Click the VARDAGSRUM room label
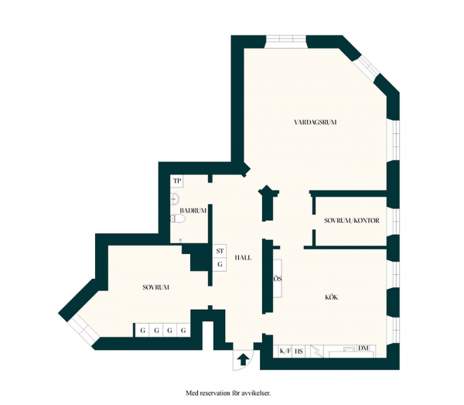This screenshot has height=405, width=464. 316,122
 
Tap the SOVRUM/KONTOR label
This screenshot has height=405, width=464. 352,221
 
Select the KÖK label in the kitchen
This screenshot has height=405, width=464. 332,297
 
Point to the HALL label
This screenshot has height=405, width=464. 244,258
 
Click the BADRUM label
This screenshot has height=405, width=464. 193,211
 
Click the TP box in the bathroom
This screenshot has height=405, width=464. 177,181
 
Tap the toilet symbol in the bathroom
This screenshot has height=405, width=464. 178,219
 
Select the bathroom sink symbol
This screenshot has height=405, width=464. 175,199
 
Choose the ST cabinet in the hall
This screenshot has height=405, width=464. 220,251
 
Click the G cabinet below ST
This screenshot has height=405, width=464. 220,264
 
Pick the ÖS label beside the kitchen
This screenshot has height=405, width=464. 278,279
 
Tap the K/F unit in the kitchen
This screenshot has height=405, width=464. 285,352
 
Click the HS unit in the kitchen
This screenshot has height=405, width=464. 299,352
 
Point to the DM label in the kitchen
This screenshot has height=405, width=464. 363,348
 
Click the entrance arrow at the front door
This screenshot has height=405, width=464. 244,359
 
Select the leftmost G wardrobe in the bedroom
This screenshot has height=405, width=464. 142,330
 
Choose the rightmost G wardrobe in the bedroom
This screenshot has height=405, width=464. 183,330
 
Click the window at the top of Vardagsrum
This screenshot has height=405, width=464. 285,42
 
